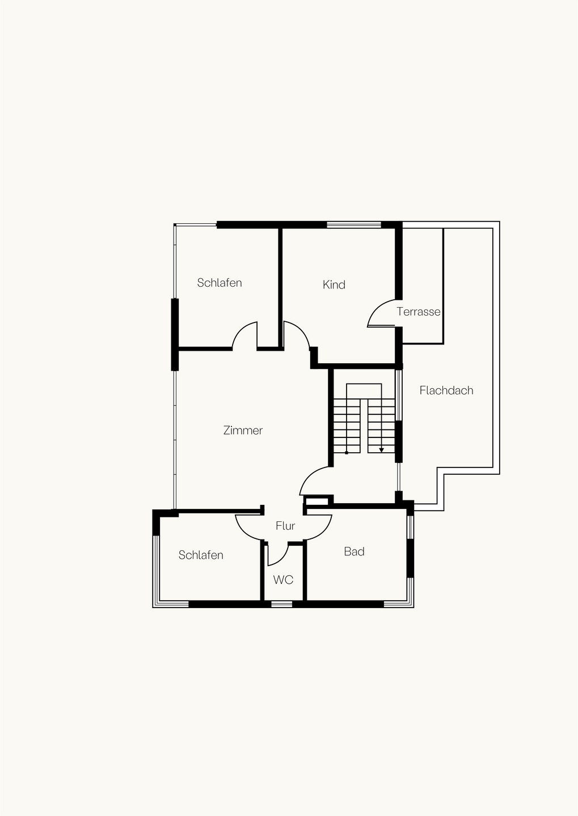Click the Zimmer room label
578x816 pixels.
pos(243,430)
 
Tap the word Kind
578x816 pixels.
pos(334,284)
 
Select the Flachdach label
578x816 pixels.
pos(446,390)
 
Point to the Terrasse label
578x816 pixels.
pos(418,312)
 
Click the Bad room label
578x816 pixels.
pos(354,551)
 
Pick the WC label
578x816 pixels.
pos(283,580)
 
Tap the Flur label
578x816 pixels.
pos(285,526)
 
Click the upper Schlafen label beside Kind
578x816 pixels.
pos(219,282)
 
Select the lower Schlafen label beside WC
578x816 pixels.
pos(201,555)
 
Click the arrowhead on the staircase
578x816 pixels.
pos(381,450)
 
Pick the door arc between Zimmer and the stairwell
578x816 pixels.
pos(309,475)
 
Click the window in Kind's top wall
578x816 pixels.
pos(354,224)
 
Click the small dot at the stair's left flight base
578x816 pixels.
pos(347,453)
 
